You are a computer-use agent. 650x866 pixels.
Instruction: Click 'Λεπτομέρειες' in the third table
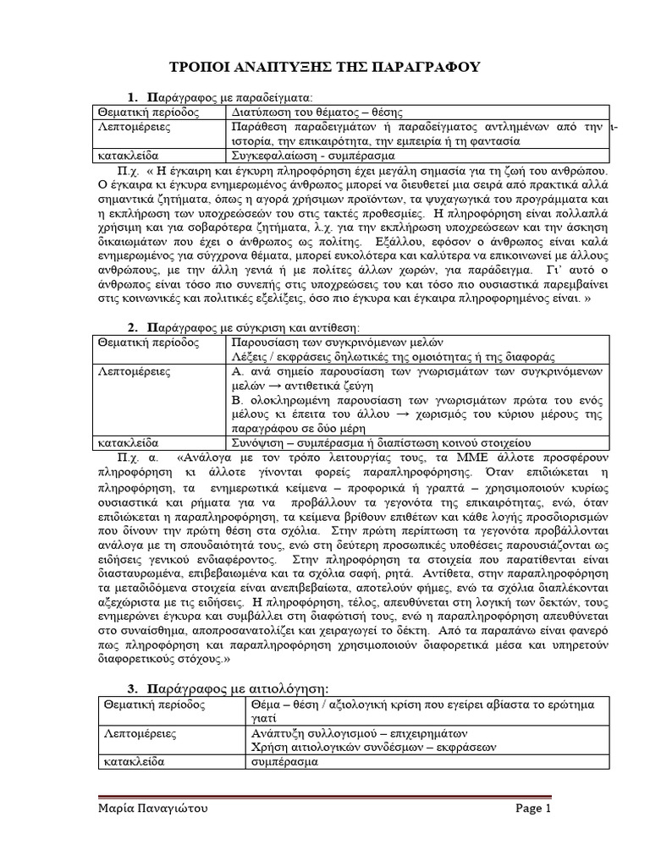tap(135, 733)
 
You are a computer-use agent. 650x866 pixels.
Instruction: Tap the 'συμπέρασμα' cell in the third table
tap(284, 761)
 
